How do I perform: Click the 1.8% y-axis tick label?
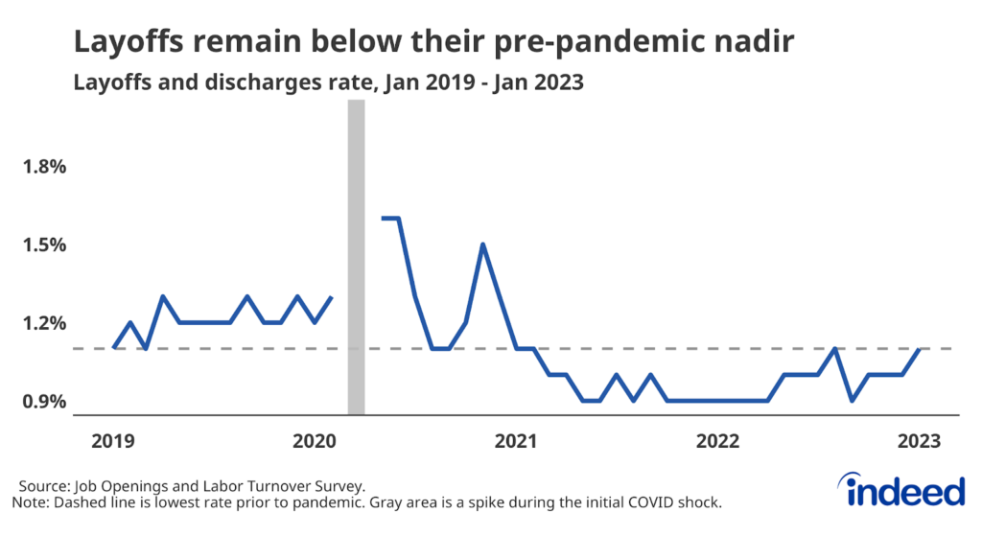[x=45, y=167]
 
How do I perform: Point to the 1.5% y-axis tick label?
[x=45, y=245]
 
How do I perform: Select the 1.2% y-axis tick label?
[x=45, y=323]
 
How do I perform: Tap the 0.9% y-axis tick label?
[x=45, y=401]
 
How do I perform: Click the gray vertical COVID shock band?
[x=356, y=259]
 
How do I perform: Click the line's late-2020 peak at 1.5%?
[x=482, y=244]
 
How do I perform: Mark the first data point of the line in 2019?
[x=114, y=348]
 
